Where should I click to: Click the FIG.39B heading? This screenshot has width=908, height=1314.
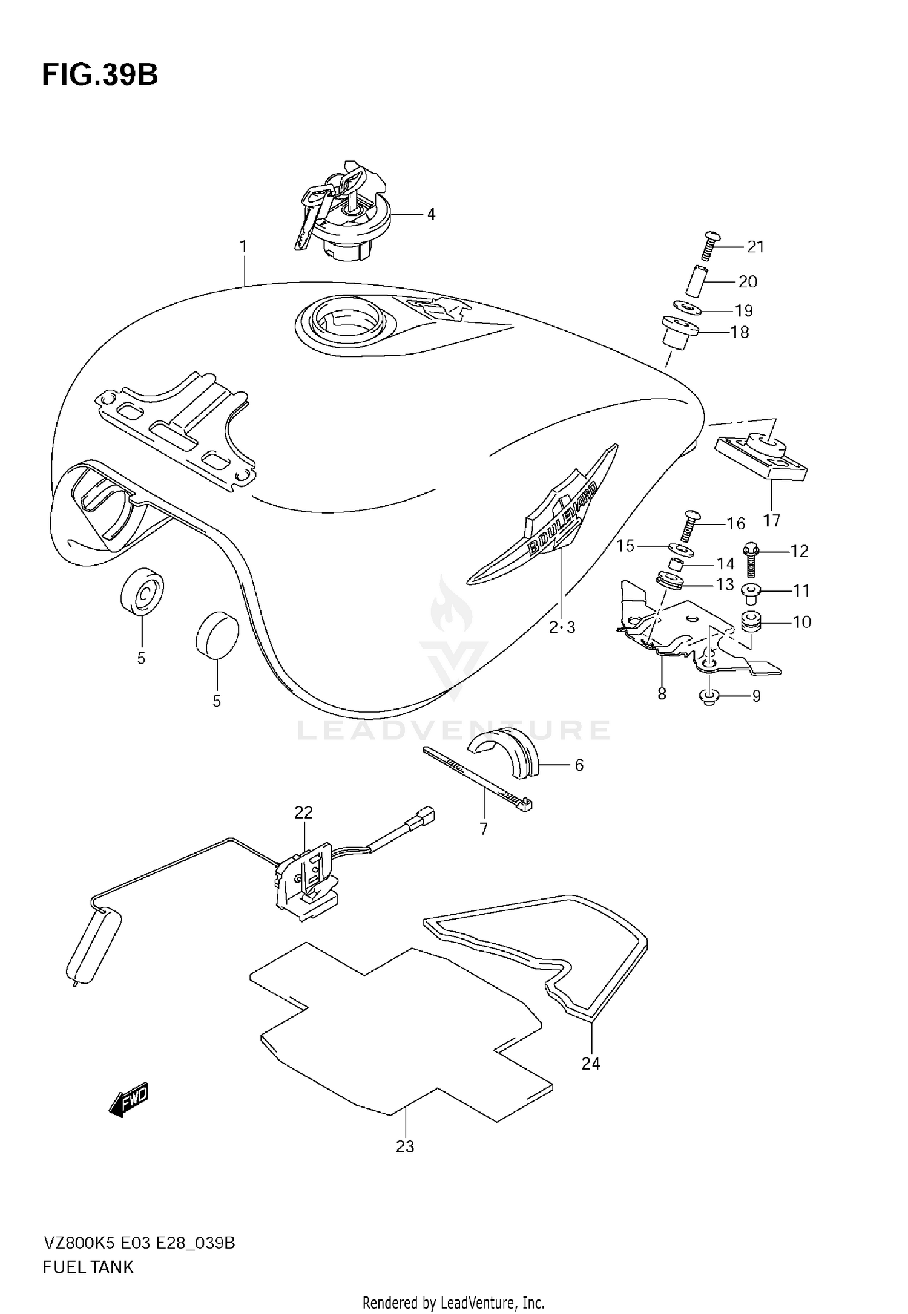pyautogui.click(x=100, y=76)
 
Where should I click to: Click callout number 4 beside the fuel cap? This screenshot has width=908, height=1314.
pyautogui.click(x=431, y=214)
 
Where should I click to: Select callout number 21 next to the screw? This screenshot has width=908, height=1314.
pyautogui.click(x=755, y=247)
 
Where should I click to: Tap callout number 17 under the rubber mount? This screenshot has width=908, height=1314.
pyautogui.click(x=772, y=520)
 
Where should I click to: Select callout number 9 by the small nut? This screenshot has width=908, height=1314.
pyautogui.click(x=756, y=696)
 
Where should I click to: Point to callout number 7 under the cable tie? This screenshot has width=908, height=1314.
pyautogui.click(x=483, y=829)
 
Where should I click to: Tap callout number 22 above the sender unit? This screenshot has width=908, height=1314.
pyautogui.click(x=303, y=812)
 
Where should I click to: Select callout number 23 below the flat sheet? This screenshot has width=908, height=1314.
pyautogui.click(x=405, y=1146)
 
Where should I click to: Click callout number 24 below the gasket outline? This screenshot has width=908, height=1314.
pyautogui.click(x=590, y=1064)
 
